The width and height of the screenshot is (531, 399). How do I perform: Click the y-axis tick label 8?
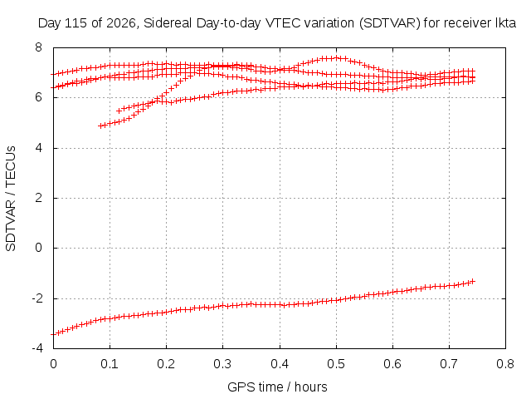[x=38, y=47]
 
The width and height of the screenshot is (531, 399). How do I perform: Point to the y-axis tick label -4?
[x=37, y=348]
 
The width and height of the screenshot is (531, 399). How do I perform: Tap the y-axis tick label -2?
[x=37, y=298]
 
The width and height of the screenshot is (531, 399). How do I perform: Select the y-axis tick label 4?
[x=38, y=148]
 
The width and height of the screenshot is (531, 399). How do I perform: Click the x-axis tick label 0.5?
[x=336, y=364]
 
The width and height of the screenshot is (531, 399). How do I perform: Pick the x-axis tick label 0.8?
[x=505, y=364]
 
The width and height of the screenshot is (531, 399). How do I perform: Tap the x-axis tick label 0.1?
[x=110, y=364]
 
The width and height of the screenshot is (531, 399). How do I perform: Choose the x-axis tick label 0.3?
[x=222, y=364]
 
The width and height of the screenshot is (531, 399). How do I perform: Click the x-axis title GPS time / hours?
[x=277, y=387]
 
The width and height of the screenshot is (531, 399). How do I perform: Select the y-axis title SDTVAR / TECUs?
[x=11, y=199]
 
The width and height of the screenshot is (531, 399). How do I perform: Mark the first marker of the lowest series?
[x=53, y=334]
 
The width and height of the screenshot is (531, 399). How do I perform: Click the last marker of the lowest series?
[x=473, y=281]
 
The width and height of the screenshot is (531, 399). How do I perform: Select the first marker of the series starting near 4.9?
[x=100, y=126]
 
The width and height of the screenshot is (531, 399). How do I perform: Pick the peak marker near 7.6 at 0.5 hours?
[x=336, y=57]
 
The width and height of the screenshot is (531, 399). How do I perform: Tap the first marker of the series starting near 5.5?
[x=119, y=111]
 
